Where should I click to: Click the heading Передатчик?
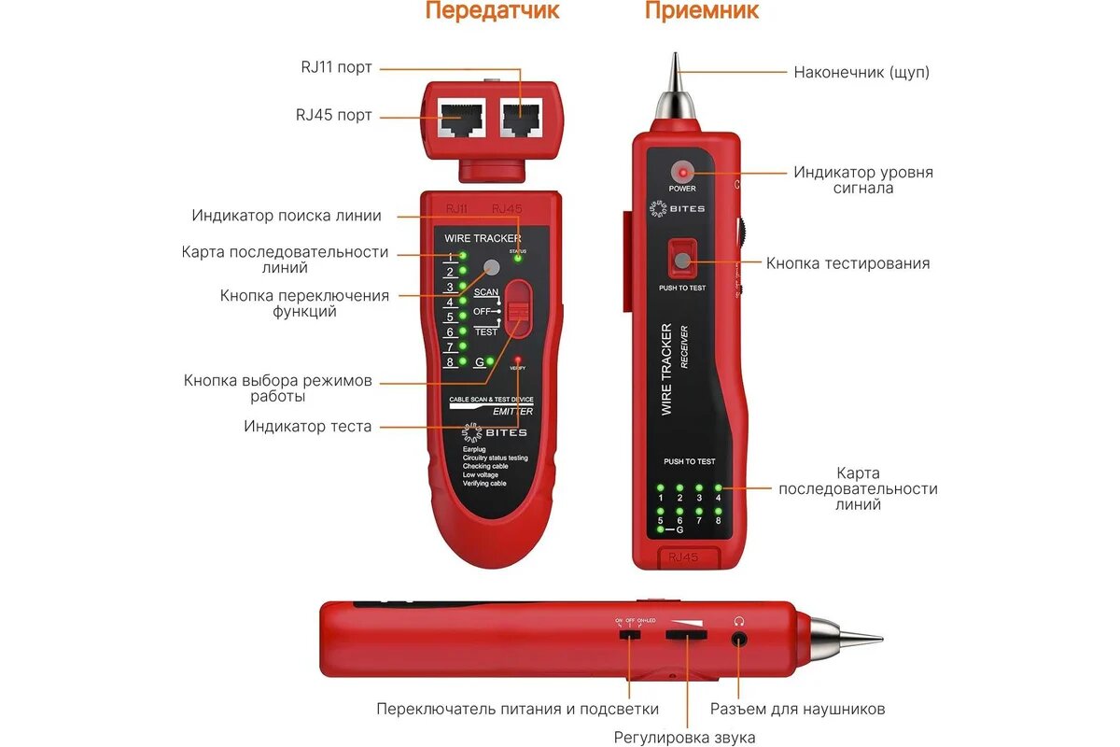click(x=492, y=11)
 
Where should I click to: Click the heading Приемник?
click(x=701, y=11)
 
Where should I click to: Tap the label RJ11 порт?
click(x=336, y=67)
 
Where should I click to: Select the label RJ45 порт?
click(x=334, y=115)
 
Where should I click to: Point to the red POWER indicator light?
click(x=682, y=173)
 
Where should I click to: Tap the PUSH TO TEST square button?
click(x=682, y=260)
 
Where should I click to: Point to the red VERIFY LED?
click(x=517, y=359)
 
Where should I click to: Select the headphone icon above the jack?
click(x=739, y=620)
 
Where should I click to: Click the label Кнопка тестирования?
click(x=847, y=263)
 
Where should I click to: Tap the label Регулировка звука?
click(x=684, y=738)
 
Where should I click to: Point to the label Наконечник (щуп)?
click(x=861, y=72)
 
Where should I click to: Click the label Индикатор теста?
click(x=308, y=427)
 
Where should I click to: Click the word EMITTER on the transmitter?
click(x=512, y=411)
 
